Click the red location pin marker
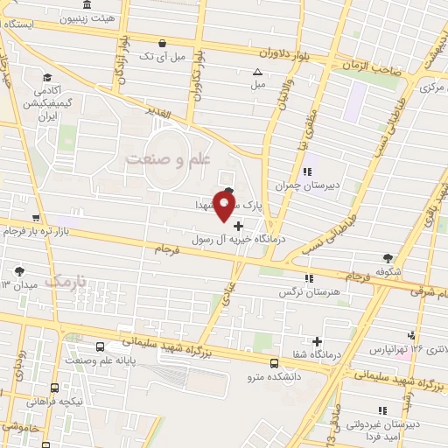tap(225, 206)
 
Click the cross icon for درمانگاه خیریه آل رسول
tap(238, 226)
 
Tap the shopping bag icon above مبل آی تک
tap(162, 43)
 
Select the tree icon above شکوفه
tap(388, 257)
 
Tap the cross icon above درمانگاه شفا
tap(317, 340)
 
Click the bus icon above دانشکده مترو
tap(274, 362)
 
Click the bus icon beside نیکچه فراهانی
tap(55, 387)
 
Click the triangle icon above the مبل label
tap(257, 73)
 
